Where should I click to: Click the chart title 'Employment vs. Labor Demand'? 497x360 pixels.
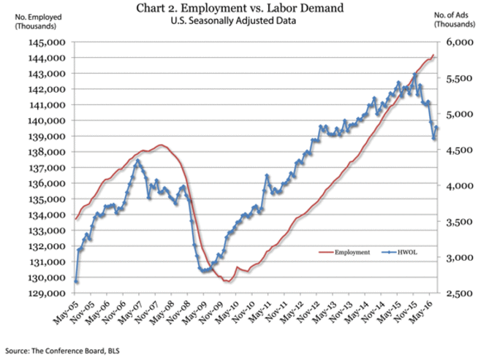click(248, 9)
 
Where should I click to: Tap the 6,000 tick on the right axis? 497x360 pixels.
click(456, 42)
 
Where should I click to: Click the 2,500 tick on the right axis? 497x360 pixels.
click(456, 294)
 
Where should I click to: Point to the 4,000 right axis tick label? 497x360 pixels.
click(456, 186)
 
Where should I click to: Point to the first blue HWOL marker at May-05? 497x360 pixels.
click(76, 281)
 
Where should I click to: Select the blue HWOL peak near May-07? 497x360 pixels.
click(137, 160)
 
